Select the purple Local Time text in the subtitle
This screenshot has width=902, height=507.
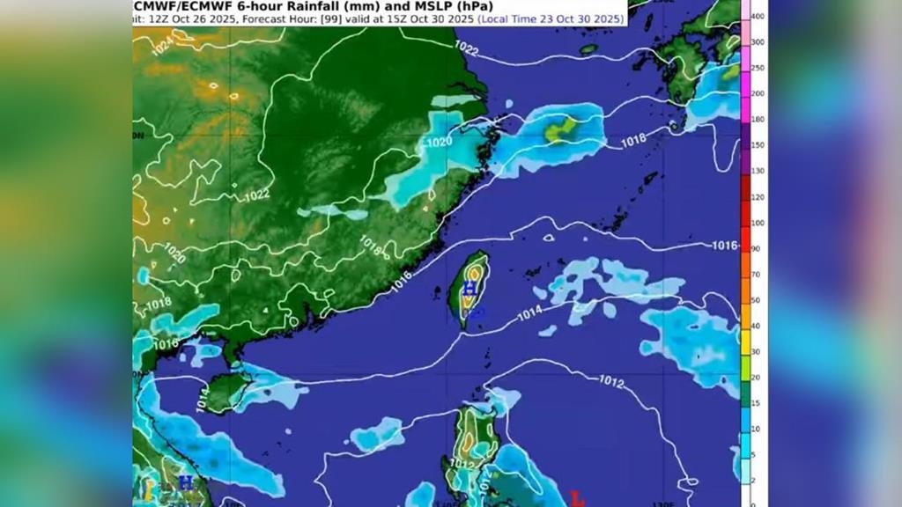551,18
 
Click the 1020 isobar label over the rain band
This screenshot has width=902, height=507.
439,141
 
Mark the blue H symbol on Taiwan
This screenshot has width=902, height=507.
470,288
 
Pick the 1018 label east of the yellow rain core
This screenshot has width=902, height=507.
632,138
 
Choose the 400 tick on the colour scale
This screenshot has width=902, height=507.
757,16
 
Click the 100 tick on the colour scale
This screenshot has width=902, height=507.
757,223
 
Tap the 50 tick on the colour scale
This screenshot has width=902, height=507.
757,300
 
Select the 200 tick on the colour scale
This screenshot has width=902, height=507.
757,93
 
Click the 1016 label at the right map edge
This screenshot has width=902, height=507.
724,246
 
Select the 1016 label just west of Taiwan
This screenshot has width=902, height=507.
402,277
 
